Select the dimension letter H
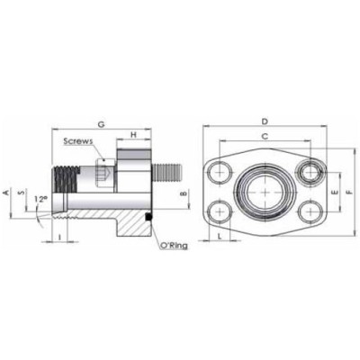(x=134, y=135)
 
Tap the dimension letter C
(x=264, y=136)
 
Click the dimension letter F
(x=351, y=193)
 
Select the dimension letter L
(x=220, y=236)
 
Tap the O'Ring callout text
(x=172, y=245)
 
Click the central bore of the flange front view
(x=265, y=192)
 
